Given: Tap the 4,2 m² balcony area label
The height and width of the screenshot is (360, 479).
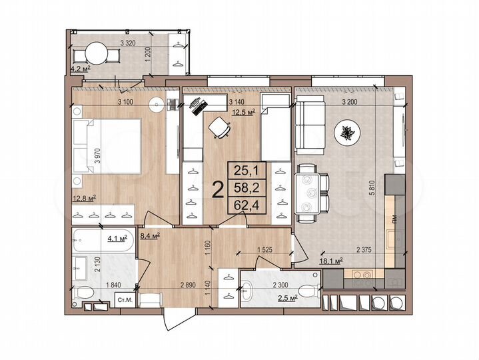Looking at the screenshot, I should (x=81, y=67).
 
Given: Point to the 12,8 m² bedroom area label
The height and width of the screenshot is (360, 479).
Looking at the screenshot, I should (x=84, y=197).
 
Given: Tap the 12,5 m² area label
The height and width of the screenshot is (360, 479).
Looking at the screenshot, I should (x=243, y=111).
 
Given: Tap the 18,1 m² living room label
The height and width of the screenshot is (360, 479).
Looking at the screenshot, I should (x=331, y=261).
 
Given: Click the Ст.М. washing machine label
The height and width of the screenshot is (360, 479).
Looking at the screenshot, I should (x=125, y=301).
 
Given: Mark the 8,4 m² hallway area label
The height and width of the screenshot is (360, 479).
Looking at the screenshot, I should (x=149, y=235).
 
